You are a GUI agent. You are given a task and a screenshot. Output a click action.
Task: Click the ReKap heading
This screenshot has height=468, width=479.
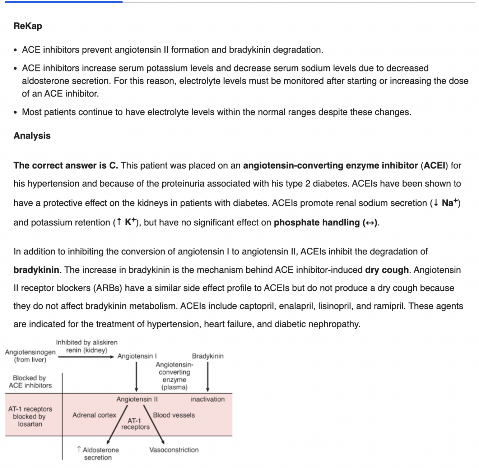pos(28,26)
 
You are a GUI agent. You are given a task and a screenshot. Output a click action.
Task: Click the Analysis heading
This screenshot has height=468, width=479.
pos(32,136)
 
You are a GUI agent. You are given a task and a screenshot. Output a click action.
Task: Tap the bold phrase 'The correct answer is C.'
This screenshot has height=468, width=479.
pos(66,165)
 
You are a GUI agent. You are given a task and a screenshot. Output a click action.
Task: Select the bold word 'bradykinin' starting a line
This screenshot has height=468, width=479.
pos(36,270)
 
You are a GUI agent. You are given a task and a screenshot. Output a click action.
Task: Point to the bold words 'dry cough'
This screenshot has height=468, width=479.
pos(387,270)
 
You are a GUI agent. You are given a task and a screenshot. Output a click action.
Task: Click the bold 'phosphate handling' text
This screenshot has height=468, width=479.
pos(316,223)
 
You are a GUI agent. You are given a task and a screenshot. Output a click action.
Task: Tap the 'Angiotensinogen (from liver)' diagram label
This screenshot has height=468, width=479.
pos(30,356)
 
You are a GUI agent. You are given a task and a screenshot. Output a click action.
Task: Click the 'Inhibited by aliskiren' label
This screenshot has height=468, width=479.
pos(87,342)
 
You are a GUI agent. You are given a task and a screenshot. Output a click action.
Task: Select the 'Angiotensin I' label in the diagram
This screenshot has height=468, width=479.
pos(137,356)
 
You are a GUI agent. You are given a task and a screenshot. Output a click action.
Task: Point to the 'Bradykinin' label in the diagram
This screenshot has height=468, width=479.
pos(208,356)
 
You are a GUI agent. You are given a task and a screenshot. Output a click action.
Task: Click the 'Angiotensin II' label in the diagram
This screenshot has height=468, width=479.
pos(137,399)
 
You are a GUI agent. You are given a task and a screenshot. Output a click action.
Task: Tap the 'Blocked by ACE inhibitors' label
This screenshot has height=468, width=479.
pos(30,382)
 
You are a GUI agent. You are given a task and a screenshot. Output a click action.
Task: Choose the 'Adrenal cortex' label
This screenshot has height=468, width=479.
pos(94,415)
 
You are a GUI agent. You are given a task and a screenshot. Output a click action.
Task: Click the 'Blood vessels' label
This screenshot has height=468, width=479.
pos(174,415)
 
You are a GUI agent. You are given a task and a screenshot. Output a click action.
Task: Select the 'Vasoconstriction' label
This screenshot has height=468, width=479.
pos(174,450)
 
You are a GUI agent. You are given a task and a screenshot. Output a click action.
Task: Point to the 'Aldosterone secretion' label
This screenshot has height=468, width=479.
pos(98,454)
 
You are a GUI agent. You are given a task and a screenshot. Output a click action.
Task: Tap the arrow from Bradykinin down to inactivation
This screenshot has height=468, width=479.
pos(208,377)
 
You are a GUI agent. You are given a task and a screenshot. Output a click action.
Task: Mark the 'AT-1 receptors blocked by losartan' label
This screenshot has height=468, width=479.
pos(30,416)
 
